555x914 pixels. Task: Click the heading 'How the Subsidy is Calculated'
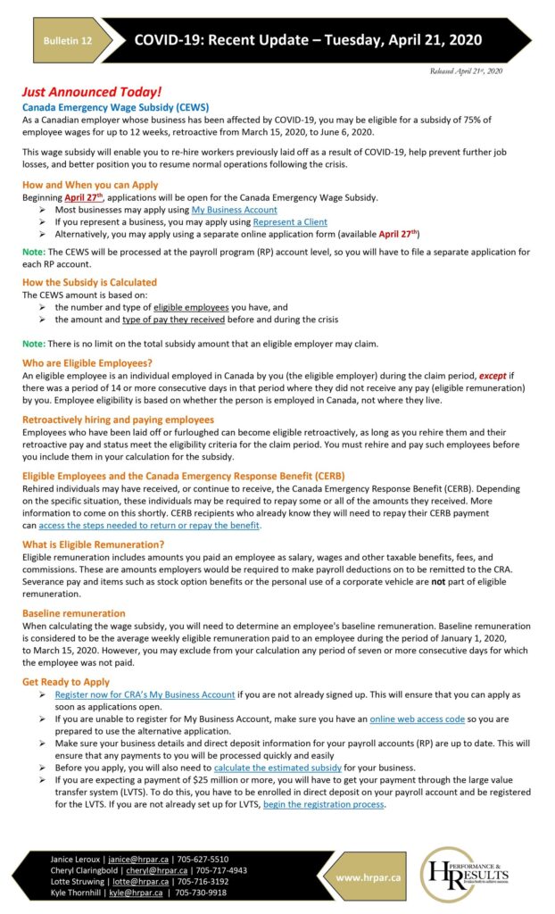point(89,282)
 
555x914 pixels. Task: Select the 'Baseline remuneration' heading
point(74,613)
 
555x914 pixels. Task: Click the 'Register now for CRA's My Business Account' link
point(145,694)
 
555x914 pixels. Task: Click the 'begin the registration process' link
point(324,803)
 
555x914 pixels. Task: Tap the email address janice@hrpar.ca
point(139,859)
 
